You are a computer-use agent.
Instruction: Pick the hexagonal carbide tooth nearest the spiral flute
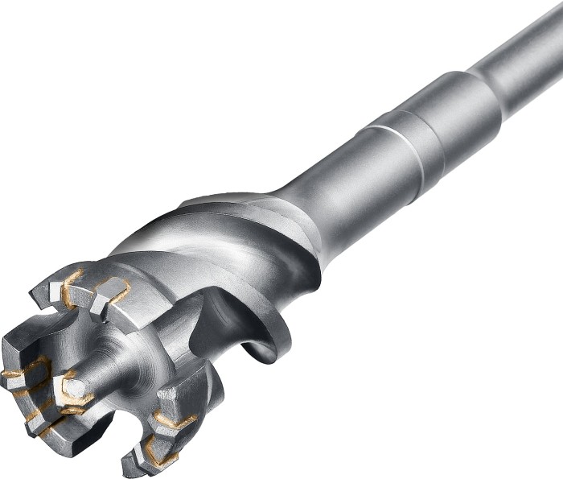pos(112,290)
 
